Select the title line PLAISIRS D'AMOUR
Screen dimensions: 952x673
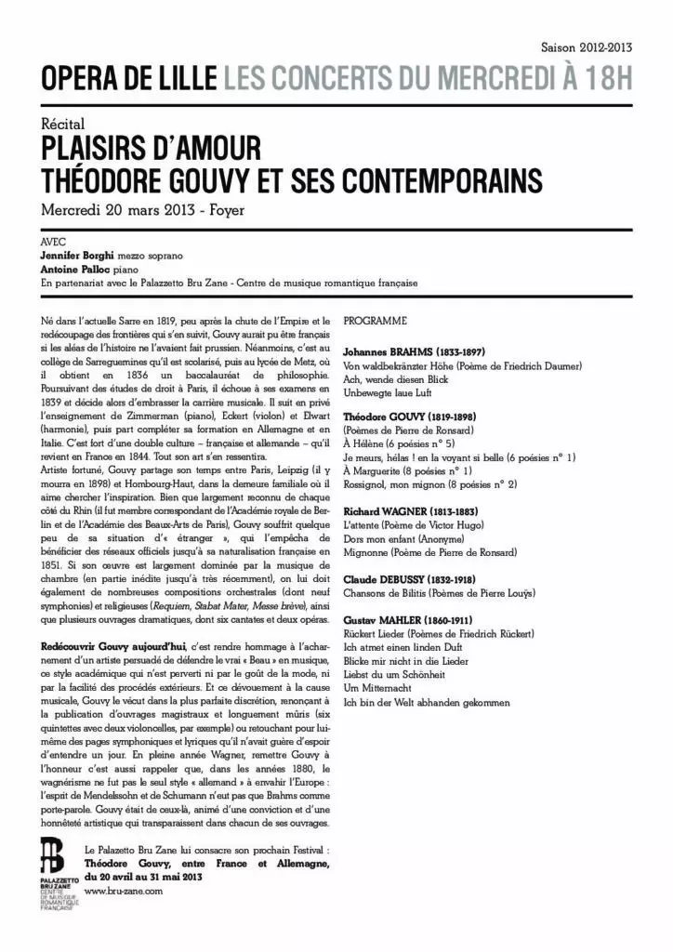(150, 148)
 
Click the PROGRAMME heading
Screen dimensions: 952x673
(376, 321)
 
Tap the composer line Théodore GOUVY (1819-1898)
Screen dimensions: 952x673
(416, 418)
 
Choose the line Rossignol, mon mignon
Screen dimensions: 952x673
(430, 485)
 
